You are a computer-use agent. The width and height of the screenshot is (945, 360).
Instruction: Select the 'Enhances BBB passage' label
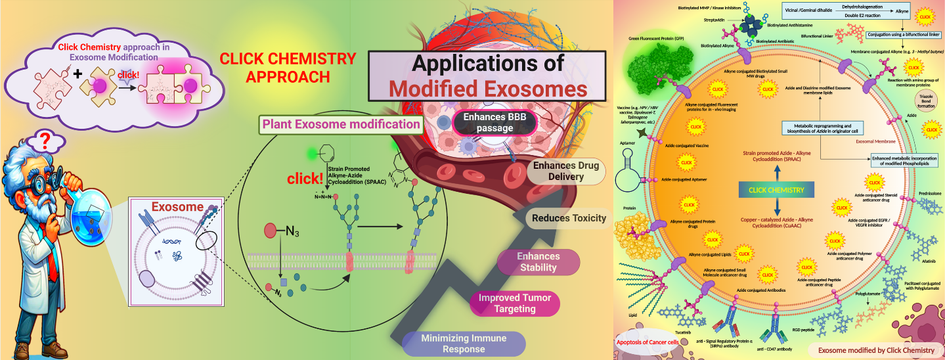coord(495,122)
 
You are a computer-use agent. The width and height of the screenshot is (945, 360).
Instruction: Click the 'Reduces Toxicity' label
coord(569,217)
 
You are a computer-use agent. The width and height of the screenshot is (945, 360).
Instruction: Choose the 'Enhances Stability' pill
coord(538,261)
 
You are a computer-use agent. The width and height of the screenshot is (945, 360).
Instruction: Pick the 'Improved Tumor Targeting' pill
coord(516,303)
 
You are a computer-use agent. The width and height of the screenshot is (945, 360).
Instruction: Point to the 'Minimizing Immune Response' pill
coord(464,344)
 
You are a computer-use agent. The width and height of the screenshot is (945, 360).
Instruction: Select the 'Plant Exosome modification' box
coord(341,124)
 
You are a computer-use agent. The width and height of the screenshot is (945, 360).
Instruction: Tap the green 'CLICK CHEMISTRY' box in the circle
coord(776,190)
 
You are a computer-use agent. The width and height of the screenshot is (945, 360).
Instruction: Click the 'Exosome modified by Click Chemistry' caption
coord(876,350)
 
